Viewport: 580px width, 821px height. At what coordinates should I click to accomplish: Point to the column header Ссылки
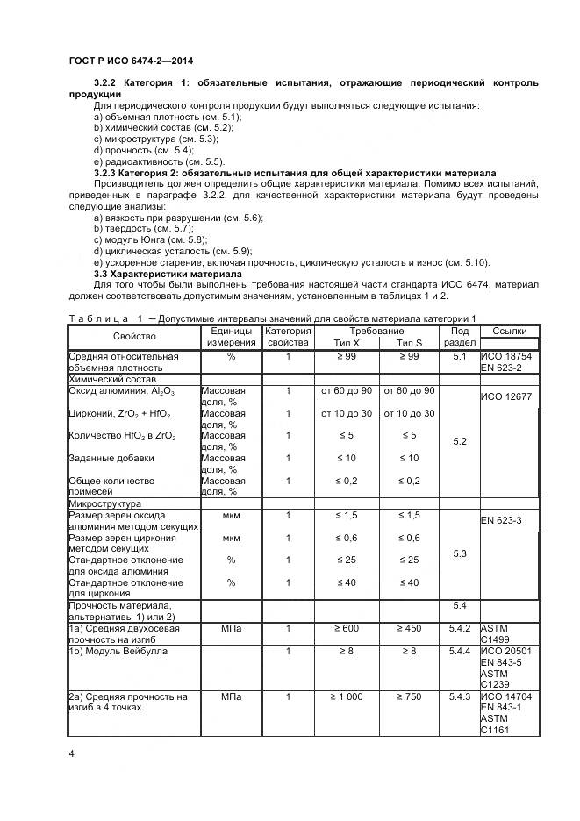point(510,331)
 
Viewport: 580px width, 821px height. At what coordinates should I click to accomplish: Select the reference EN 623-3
point(502,521)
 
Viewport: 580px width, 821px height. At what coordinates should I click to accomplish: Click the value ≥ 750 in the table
point(409,696)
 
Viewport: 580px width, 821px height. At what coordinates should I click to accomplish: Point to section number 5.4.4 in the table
point(460,652)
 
